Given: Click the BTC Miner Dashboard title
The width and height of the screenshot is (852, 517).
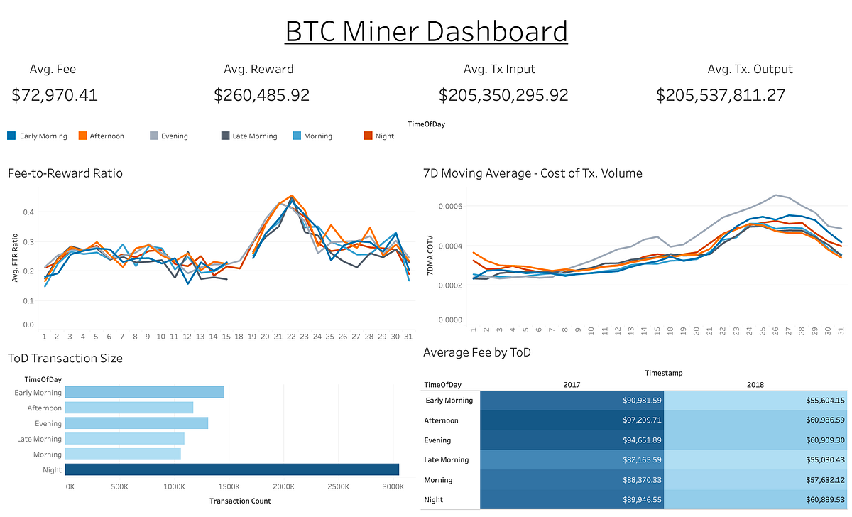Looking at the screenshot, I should (x=426, y=32).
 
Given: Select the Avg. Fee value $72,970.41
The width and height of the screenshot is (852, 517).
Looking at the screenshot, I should (x=55, y=95).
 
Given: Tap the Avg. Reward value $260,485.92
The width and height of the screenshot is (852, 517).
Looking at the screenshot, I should (x=261, y=95).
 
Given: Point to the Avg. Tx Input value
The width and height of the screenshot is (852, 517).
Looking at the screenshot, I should (x=503, y=95).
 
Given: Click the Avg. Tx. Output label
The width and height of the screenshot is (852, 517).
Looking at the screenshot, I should (x=750, y=69).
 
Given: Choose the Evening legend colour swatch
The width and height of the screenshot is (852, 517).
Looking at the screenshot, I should (x=153, y=136).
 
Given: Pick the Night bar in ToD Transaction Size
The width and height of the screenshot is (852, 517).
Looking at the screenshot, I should (x=231, y=469).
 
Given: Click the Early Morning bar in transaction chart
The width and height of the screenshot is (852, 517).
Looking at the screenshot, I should (x=145, y=392).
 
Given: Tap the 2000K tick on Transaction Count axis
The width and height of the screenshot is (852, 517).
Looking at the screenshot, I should (x=283, y=487).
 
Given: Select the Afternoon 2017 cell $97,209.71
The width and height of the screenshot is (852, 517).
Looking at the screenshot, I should (x=572, y=420).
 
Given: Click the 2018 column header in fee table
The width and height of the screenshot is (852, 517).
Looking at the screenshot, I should (x=755, y=385).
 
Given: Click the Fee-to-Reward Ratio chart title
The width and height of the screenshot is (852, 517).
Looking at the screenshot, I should (x=65, y=173).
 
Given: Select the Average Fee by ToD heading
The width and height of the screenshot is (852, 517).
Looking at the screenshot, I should (x=476, y=352).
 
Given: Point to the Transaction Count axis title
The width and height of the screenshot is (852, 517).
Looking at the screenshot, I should (x=240, y=501).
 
